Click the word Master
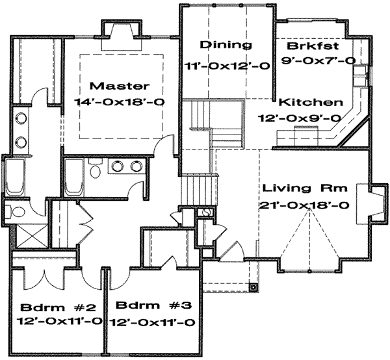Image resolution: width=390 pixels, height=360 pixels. click(x=120, y=86)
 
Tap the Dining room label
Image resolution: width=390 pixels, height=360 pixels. click(x=226, y=45)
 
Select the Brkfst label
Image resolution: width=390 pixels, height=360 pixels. click(x=313, y=46)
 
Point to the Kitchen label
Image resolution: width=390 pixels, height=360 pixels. click(x=311, y=102)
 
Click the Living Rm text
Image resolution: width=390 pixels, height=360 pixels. click(x=305, y=188)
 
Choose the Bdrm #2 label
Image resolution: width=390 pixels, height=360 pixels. click(x=58, y=308)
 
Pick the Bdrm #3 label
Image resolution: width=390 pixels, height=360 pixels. click(x=153, y=305)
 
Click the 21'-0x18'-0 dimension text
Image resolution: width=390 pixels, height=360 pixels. click(x=304, y=205)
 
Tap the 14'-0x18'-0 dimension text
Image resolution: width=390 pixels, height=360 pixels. click(x=120, y=101)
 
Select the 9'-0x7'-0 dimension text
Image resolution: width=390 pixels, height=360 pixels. click(x=318, y=60)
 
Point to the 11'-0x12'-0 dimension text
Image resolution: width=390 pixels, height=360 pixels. click(x=227, y=66)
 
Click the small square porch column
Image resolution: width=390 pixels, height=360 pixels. click(x=253, y=287)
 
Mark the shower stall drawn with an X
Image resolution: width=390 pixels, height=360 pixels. click(x=31, y=236)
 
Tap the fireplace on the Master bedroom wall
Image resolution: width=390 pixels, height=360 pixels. click(x=122, y=35)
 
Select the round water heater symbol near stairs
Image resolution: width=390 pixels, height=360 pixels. click(x=206, y=212)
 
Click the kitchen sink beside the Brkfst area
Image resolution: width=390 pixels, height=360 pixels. click(x=360, y=75)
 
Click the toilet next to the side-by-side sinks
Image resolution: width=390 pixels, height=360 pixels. click(x=96, y=169)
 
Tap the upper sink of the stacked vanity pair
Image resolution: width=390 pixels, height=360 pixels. click(x=21, y=118)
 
